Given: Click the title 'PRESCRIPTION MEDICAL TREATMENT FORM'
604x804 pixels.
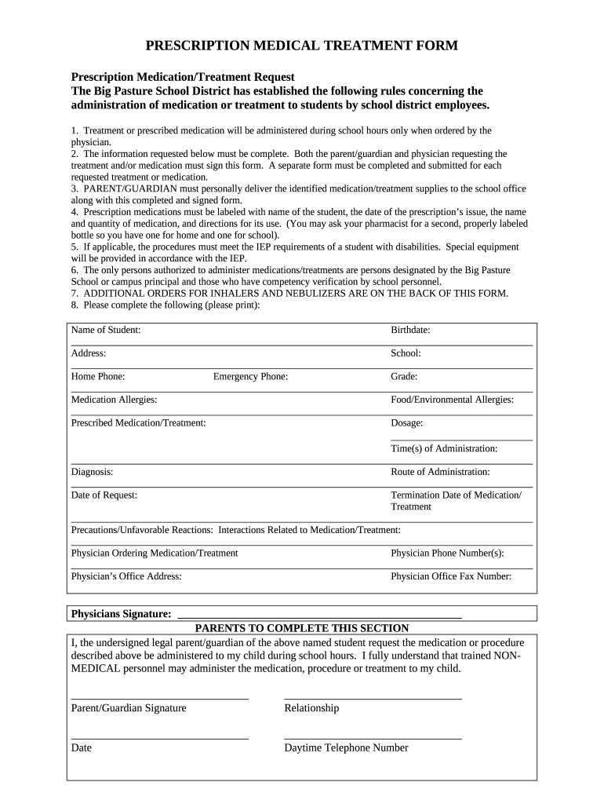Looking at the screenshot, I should tap(301, 46).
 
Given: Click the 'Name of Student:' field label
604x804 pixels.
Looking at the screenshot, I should tap(106, 330).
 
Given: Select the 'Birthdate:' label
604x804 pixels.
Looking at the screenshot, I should tap(410, 330).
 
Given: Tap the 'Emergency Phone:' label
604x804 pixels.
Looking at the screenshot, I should tap(250, 377).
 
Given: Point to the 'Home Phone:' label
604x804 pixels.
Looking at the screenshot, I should tap(98, 377).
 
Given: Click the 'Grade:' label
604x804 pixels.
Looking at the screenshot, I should tap(404, 377).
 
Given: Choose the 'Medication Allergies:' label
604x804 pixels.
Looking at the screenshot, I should tap(114, 400).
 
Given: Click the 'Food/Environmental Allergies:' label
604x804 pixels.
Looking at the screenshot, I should tap(452, 400).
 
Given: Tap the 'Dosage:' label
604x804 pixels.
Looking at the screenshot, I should tap(407, 423).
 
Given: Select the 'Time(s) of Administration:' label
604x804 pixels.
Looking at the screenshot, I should tap(444, 448).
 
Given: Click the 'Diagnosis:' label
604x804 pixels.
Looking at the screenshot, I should tap(92, 472).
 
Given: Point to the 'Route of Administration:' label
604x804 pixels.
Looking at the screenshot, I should tap(440, 472).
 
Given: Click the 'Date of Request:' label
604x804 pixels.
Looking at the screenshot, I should tap(104, 495).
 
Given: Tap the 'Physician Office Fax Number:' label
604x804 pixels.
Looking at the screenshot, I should tap(451, 576).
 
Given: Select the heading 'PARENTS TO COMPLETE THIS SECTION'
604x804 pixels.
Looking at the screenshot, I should tap(302, 628).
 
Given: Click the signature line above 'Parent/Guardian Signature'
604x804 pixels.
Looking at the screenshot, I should tap(160, 697).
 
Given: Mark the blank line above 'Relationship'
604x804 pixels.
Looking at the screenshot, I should tap(373, 697).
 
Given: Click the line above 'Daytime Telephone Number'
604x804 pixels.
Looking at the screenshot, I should tap(373, 738).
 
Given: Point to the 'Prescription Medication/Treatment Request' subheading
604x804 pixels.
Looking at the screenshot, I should tap(183, 77).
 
